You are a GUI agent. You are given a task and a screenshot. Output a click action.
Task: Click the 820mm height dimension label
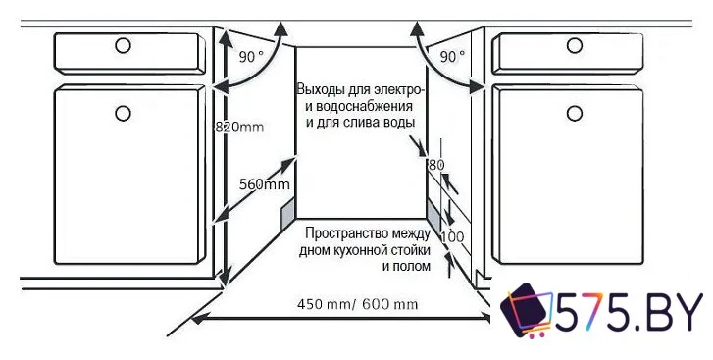coord(239,126)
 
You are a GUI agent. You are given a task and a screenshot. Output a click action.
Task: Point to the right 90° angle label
coord(453,57)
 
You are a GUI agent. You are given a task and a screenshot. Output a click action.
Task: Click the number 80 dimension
coord(436,164)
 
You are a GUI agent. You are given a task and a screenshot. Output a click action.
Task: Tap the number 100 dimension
coord(452,237)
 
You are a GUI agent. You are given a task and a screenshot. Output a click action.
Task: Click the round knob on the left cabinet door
coord(123,113)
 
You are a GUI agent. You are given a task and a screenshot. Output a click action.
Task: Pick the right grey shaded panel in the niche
coord(433,210)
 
